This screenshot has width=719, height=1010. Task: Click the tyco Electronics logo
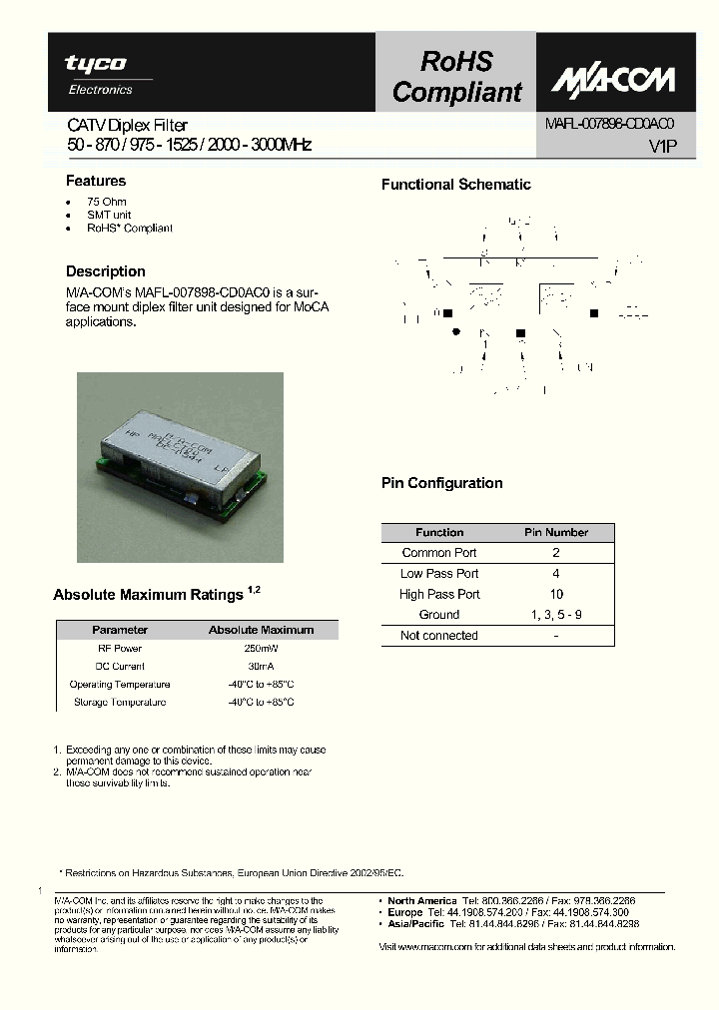pos(96,75)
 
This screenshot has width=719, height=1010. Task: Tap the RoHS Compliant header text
pos(456,77)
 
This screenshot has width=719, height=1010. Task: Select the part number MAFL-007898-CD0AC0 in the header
pos(610,124)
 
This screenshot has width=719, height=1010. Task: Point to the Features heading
pos(96,181)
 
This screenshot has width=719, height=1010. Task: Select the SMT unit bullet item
pos(109,215)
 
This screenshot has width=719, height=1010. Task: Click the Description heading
pos(105,271)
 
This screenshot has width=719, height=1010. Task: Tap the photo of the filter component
pos(181,467)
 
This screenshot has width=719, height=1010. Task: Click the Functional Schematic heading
pos(456,185)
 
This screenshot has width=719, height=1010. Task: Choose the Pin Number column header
pos(556,532)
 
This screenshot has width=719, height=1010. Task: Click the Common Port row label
pos(439,553)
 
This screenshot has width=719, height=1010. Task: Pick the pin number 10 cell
pos(556,594)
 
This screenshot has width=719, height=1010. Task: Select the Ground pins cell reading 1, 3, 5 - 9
pos(556,615)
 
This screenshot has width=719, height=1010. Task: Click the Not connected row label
pos(439,636)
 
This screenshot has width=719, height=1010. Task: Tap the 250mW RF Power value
pos(261,649)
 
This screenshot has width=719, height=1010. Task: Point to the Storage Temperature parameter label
pos(120,703)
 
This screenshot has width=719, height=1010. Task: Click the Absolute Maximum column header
pos(261,630)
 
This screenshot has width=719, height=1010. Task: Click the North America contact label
pos(422,900)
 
